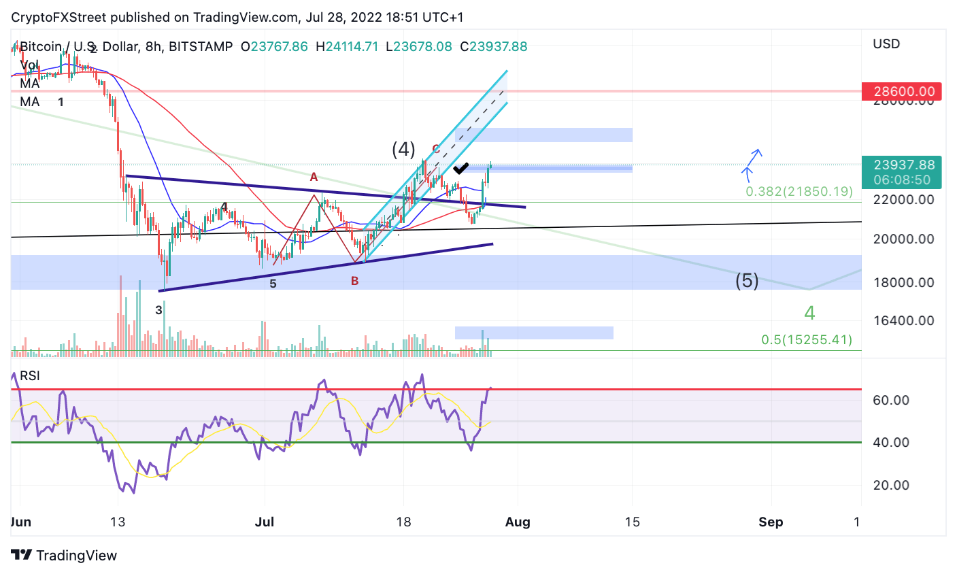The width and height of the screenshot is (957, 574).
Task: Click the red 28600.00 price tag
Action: pyautogui.click(x=902, y=91)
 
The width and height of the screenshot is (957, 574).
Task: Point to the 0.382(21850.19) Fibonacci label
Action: pyautogui.click(x=799, y=191)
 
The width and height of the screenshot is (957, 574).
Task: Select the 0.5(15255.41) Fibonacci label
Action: pyautogui.click(x=806, y=339)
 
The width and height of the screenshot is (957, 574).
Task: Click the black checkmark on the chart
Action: pyautogui.click(x=460, y=167)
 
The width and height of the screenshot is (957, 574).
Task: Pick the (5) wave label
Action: pyautogui.click(x=747, y=280)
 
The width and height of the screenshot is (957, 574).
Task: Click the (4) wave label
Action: pyautogui.click(x=403, y=149)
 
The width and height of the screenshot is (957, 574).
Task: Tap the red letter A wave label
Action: pyautogui.click(x=314, y=177)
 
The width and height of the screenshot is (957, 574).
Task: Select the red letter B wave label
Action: pyautogui.click(x=354, y=281)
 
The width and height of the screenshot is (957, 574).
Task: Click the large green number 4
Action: pyautogui.click(x=809, y=313)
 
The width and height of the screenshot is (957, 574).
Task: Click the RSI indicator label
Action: pyautogui.click(x=29, y=376)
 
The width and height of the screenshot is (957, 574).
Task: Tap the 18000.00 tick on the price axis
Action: pyautogui.click(x=903, y=282)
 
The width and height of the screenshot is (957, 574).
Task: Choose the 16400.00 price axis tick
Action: pyautogui.click(x=903, y=320)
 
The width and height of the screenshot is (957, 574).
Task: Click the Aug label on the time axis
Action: pyautogui.click(x=518, y=522)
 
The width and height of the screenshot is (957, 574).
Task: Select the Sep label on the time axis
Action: pyautogui.click(x=771, y=522)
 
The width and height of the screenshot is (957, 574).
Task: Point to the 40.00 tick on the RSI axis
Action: pyautogui.click(x=891, y=442)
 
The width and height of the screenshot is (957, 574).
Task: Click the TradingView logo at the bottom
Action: pyautogui.click(x=65, y=556)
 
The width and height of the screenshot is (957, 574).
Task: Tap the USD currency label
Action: pyautogui.click(x=886, y=44)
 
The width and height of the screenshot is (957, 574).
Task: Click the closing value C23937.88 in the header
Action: pyautogui.click(x=493, y=47)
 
